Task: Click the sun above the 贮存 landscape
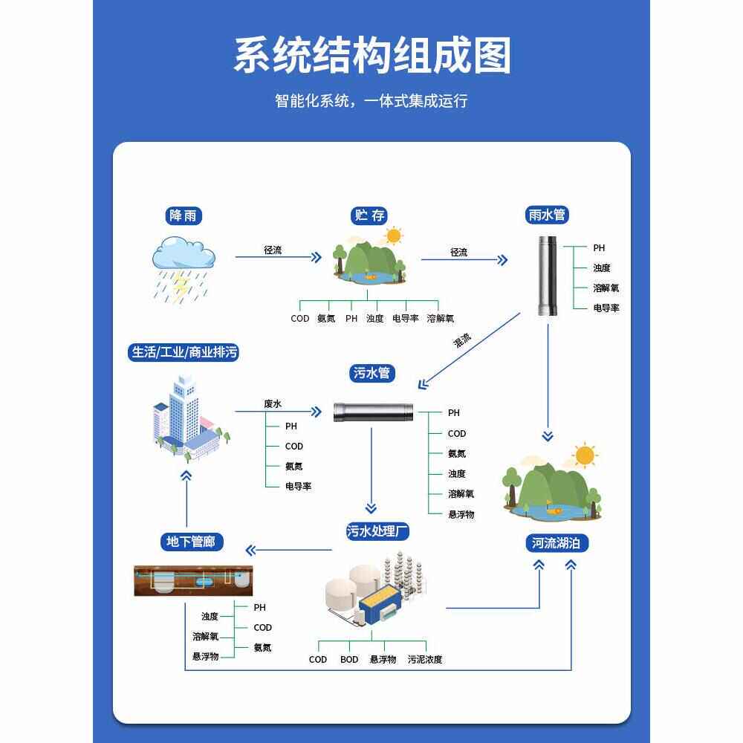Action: pos(392,236)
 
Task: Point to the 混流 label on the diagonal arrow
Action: pos(462,341)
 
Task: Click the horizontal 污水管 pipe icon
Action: pos(371,412)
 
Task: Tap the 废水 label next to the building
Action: pos(273,403)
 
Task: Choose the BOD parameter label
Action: pos(349,659)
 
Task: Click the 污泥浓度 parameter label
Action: pos(425,659)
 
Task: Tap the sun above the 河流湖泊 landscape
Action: pos(585,454)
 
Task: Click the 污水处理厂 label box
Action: pos(378,531)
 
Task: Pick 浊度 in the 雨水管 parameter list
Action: pos(602,268)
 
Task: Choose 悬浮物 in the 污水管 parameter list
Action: pos(461,514)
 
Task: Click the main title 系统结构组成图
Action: pos(372,56)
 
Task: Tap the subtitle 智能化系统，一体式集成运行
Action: pos(371,101)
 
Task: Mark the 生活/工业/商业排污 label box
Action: pos(184,352)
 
